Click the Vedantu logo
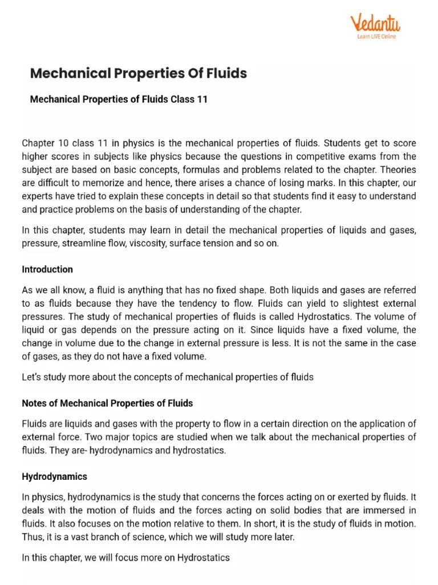pos(375,24)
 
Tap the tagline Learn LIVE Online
pos(376,37)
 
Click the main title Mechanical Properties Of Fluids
pos(138,73)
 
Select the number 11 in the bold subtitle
pos(202,99)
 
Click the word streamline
pos(86,243)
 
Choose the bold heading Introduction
pos(47,269)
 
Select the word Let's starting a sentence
pos(33,377)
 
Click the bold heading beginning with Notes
pos(107,403)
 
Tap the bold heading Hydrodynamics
pos(54,476)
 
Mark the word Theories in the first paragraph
pos(398,170)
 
